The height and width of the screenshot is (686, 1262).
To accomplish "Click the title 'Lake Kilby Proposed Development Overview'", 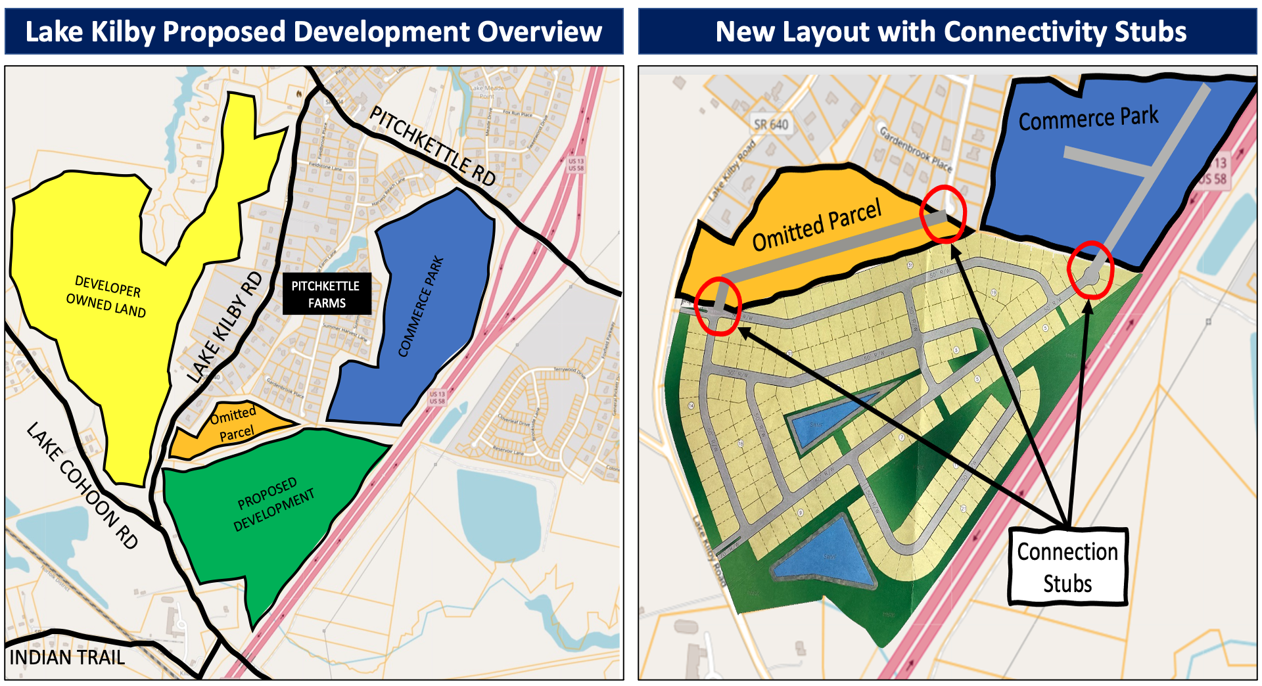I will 314,32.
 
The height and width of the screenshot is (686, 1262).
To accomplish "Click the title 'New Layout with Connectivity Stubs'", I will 950,32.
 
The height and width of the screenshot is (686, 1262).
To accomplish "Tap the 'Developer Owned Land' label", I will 106,296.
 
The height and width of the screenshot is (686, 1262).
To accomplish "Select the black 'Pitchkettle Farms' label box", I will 327,294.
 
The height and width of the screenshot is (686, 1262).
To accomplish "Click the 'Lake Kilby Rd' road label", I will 224,327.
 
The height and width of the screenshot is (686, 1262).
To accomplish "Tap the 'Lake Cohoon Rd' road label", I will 82,485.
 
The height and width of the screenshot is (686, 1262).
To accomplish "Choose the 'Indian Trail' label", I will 66,657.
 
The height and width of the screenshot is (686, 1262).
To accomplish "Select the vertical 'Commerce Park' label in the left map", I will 421,306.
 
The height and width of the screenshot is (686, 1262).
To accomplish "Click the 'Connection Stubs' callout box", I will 1067,567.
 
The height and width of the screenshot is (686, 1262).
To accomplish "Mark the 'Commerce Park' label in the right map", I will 1088,118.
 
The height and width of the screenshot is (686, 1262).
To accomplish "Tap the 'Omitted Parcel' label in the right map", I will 816,225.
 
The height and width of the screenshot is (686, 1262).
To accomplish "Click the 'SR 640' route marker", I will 771,124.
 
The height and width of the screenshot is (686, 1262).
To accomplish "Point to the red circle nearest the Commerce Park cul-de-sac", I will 1090,269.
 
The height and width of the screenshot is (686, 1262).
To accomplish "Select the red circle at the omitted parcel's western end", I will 718,306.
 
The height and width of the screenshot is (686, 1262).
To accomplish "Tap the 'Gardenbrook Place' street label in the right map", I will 916,149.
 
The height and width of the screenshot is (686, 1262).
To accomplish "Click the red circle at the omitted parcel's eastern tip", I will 943,214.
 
